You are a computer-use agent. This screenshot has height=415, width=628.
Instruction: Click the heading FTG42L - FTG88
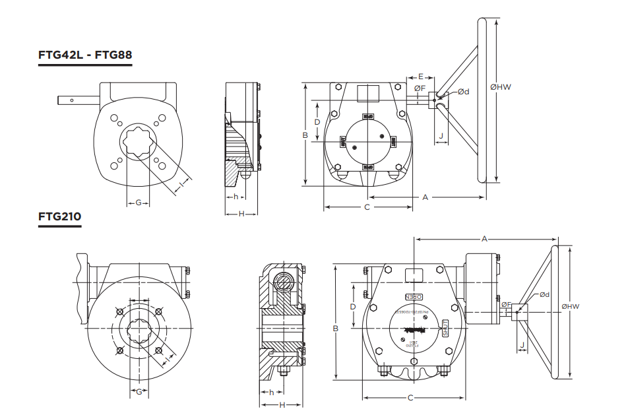[85, 55]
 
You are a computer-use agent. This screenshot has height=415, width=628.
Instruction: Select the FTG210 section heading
[59, 216]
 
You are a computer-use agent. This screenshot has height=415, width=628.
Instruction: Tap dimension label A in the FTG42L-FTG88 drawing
[425, 197]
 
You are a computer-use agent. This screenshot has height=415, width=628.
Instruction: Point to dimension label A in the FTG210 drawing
[484, 238]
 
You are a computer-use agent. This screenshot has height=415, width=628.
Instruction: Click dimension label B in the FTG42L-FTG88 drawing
[305, 135]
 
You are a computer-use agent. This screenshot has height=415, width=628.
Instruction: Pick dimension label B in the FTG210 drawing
[335, 328]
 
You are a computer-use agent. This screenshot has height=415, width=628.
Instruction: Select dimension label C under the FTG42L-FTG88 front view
[367, 207]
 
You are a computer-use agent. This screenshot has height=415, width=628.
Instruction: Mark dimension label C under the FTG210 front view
[410, 398]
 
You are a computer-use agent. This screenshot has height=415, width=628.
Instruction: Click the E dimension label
[420, 77]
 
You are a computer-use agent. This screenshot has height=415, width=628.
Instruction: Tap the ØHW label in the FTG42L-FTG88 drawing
[501, 86]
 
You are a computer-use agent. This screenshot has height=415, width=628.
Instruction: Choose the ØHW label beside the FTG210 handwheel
[570, 306]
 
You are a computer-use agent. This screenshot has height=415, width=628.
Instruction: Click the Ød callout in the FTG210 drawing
[544, 294]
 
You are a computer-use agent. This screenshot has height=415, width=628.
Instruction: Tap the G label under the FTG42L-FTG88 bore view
[139, 203]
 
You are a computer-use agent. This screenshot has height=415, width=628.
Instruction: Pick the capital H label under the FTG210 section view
[282, 404]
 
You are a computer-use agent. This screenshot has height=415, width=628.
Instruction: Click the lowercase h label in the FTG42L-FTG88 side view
[235, 197]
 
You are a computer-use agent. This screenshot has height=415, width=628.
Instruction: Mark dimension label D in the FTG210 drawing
[353, 307]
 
